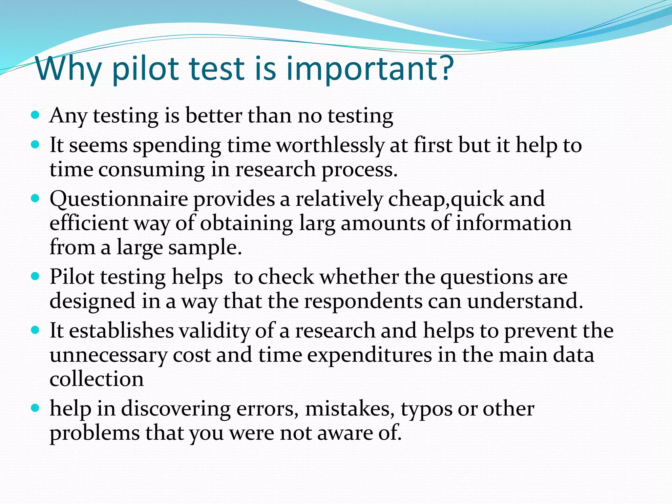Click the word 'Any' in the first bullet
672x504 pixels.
(68, 116)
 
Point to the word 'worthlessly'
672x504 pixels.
(330, 145)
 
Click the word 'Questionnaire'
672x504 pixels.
(119, 199)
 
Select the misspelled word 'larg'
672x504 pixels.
(317, 223)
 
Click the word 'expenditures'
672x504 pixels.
(369, 355)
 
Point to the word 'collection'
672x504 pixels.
(96, 379)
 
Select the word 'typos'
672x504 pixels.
(426, 409)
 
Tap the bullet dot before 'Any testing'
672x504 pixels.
(35, 115)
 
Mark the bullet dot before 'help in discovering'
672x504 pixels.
(35, 409)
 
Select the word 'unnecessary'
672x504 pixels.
(108, 355)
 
